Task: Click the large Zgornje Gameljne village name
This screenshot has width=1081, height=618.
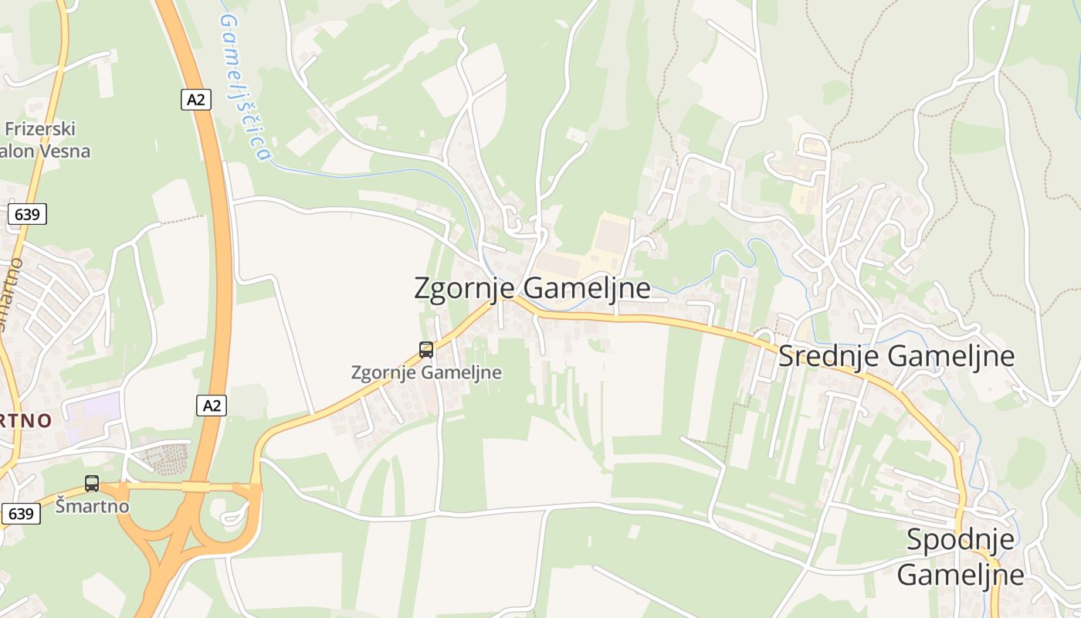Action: point(532,288)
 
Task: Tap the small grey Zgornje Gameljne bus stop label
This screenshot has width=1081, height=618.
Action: point(426,372)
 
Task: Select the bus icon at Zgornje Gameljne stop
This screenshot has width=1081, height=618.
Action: point(426,349)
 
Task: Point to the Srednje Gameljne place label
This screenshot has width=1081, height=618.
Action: point(896,356)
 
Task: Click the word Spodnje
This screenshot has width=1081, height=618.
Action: point(961,540)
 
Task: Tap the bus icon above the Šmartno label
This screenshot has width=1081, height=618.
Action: point(92,484)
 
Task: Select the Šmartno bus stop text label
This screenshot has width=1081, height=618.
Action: point(92,507)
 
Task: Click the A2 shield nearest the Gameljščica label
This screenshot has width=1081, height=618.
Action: point(197,99)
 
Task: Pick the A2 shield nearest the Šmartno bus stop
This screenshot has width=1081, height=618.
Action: point(212,405)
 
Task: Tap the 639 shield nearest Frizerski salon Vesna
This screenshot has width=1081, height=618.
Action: point(27,214)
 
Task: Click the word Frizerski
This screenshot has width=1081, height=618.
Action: point(40,128)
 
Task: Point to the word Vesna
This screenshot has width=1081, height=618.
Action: point(66,151)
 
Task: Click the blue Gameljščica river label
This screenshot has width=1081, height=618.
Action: point(246,85)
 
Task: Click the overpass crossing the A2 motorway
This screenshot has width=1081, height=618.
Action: point(196,487)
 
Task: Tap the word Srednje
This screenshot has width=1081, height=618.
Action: point(829,356)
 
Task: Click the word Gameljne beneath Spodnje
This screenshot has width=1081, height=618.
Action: point(961,574)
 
